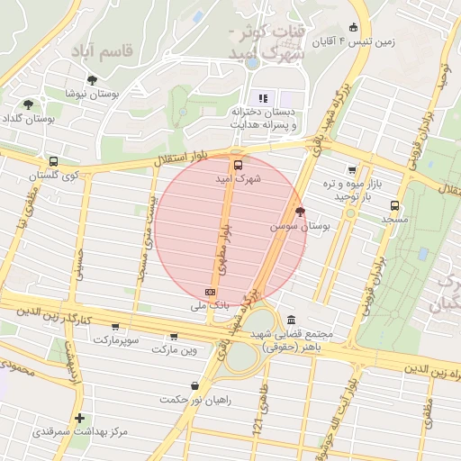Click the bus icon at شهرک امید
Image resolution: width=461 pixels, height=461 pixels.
[x=238, y=166]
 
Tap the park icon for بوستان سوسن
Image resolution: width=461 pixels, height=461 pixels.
[x=300, y=212]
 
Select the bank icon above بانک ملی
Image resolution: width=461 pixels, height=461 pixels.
[x=211, y=292]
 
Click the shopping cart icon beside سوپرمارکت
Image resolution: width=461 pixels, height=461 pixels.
[x=114, y=327]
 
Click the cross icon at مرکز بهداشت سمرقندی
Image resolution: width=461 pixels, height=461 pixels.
[x=81, y=419]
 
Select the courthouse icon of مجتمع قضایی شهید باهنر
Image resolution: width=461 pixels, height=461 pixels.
[x=291, y=320]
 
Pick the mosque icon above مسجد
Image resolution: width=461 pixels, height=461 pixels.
[x=392, y=204]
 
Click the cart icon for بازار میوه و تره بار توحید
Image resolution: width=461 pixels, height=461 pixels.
[x=351, y=169]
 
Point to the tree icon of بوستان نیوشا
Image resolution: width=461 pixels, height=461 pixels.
[x=92, y=80]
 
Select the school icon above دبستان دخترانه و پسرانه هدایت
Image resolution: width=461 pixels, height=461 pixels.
[x=263, y=97]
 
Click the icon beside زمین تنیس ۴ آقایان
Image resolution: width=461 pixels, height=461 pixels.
[x=353, y=27]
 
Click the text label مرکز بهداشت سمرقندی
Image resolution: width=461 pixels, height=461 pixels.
[x=81, y=432]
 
